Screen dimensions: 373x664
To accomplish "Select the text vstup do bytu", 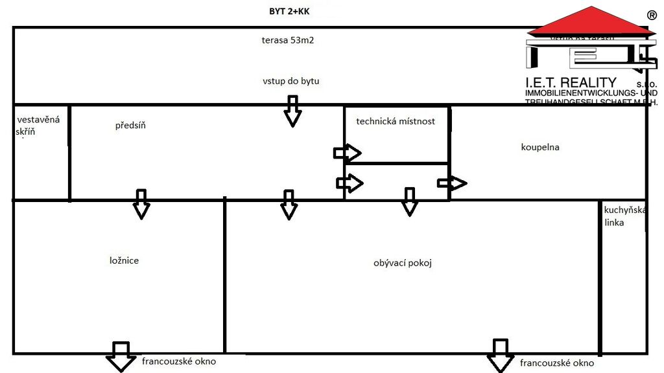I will [291, 82].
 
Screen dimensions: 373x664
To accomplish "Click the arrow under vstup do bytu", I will [293, 110].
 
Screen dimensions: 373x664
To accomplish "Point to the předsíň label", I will [130, 126].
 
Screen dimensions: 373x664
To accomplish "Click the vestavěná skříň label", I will [38, 126].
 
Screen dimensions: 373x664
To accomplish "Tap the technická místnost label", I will [396, 121].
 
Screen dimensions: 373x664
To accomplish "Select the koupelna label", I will [540, 147].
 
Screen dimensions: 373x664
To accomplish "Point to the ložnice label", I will [124, 260].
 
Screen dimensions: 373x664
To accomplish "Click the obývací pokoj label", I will [403, 263].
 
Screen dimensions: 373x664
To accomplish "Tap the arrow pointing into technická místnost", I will [347, 153].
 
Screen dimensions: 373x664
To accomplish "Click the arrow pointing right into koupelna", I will [452, 183].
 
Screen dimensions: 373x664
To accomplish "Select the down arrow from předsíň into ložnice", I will [141, 204].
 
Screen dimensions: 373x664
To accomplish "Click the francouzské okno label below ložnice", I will [179, 361].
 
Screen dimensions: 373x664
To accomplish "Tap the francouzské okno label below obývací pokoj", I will [557, 363].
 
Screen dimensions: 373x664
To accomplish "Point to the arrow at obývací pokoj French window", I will [500, 356].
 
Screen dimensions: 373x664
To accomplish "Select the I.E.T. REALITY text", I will [571, 83].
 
